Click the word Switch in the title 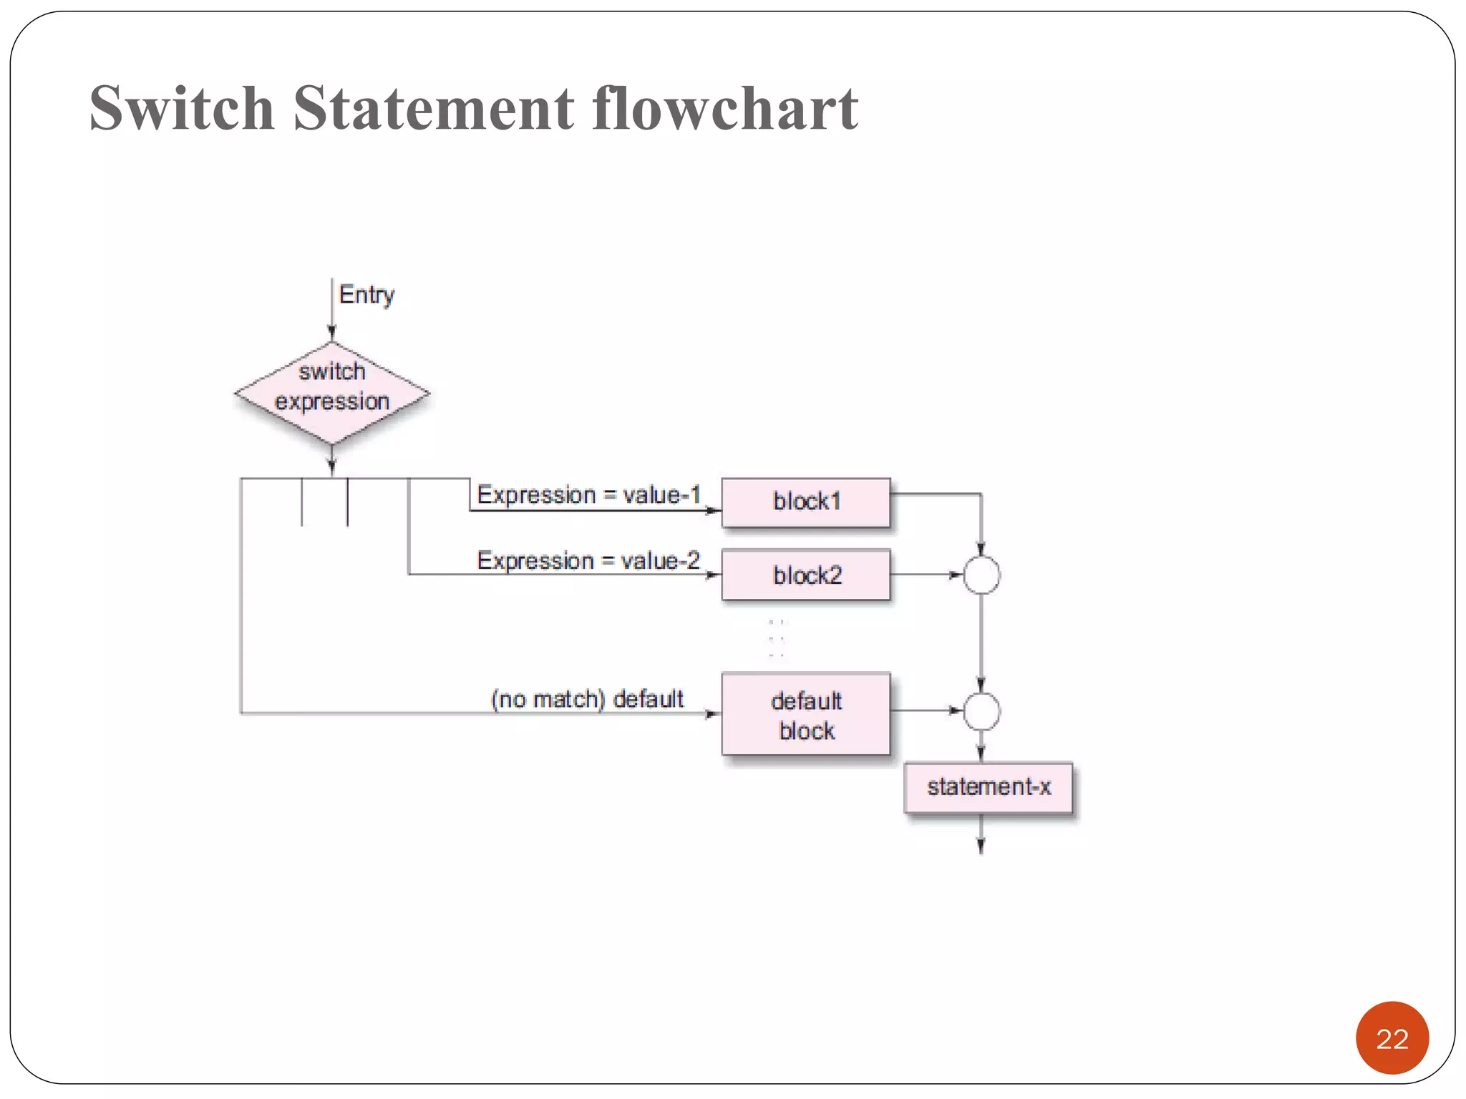coord(182,108)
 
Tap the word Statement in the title coord(433,108)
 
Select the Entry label coord(366,294)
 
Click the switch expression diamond coord(332,393)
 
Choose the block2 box coord(806,575)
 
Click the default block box coord(806,714)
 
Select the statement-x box coord(989,787)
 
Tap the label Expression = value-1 coord(588,494)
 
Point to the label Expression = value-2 coord(588,560)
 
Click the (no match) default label coord(587,698)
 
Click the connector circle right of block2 coord(981,575)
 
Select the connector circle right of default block coord(981,711)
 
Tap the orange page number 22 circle coord(1392,1038)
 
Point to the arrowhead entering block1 coord(714,510)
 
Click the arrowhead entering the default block coord(714,713)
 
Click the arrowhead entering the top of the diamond coord(332,333)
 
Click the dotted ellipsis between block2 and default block coord(777,638)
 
